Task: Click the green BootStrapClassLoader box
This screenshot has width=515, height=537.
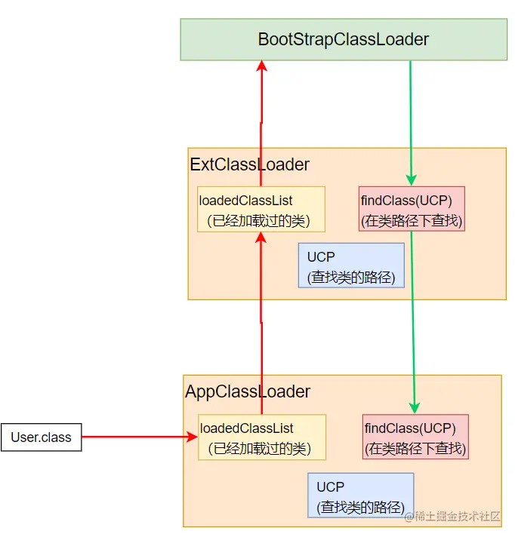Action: (344, 39)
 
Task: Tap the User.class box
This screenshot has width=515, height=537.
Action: (41, 437)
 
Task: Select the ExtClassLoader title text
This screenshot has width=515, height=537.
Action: (250, 164)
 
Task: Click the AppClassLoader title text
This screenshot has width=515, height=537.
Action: (248, 391)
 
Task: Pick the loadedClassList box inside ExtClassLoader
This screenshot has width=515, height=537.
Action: (261, 209)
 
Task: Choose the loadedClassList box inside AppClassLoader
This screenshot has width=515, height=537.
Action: (262, 437)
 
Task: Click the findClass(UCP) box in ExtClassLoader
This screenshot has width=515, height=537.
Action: (412, 209)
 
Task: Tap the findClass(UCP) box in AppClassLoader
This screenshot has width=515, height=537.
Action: (415, 437)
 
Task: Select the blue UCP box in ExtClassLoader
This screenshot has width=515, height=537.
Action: (351, 265)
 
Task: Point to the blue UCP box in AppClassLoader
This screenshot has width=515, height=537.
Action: (361, 496)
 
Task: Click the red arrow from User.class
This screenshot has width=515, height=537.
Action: (140, 437)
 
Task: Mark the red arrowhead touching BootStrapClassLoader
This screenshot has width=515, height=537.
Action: (261, 66)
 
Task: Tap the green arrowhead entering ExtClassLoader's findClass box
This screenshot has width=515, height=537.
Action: (411, 180)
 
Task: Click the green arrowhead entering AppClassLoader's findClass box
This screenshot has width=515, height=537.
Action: (415, 408)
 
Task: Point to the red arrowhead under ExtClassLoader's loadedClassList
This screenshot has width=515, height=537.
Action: (261, 238)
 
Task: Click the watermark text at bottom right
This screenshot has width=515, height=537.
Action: (452, 516)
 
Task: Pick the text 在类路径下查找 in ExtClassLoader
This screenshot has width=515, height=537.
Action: (412, 220)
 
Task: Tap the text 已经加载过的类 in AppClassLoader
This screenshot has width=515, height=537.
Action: (260, 449)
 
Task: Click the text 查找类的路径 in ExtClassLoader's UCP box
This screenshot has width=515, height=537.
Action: (351, 278)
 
